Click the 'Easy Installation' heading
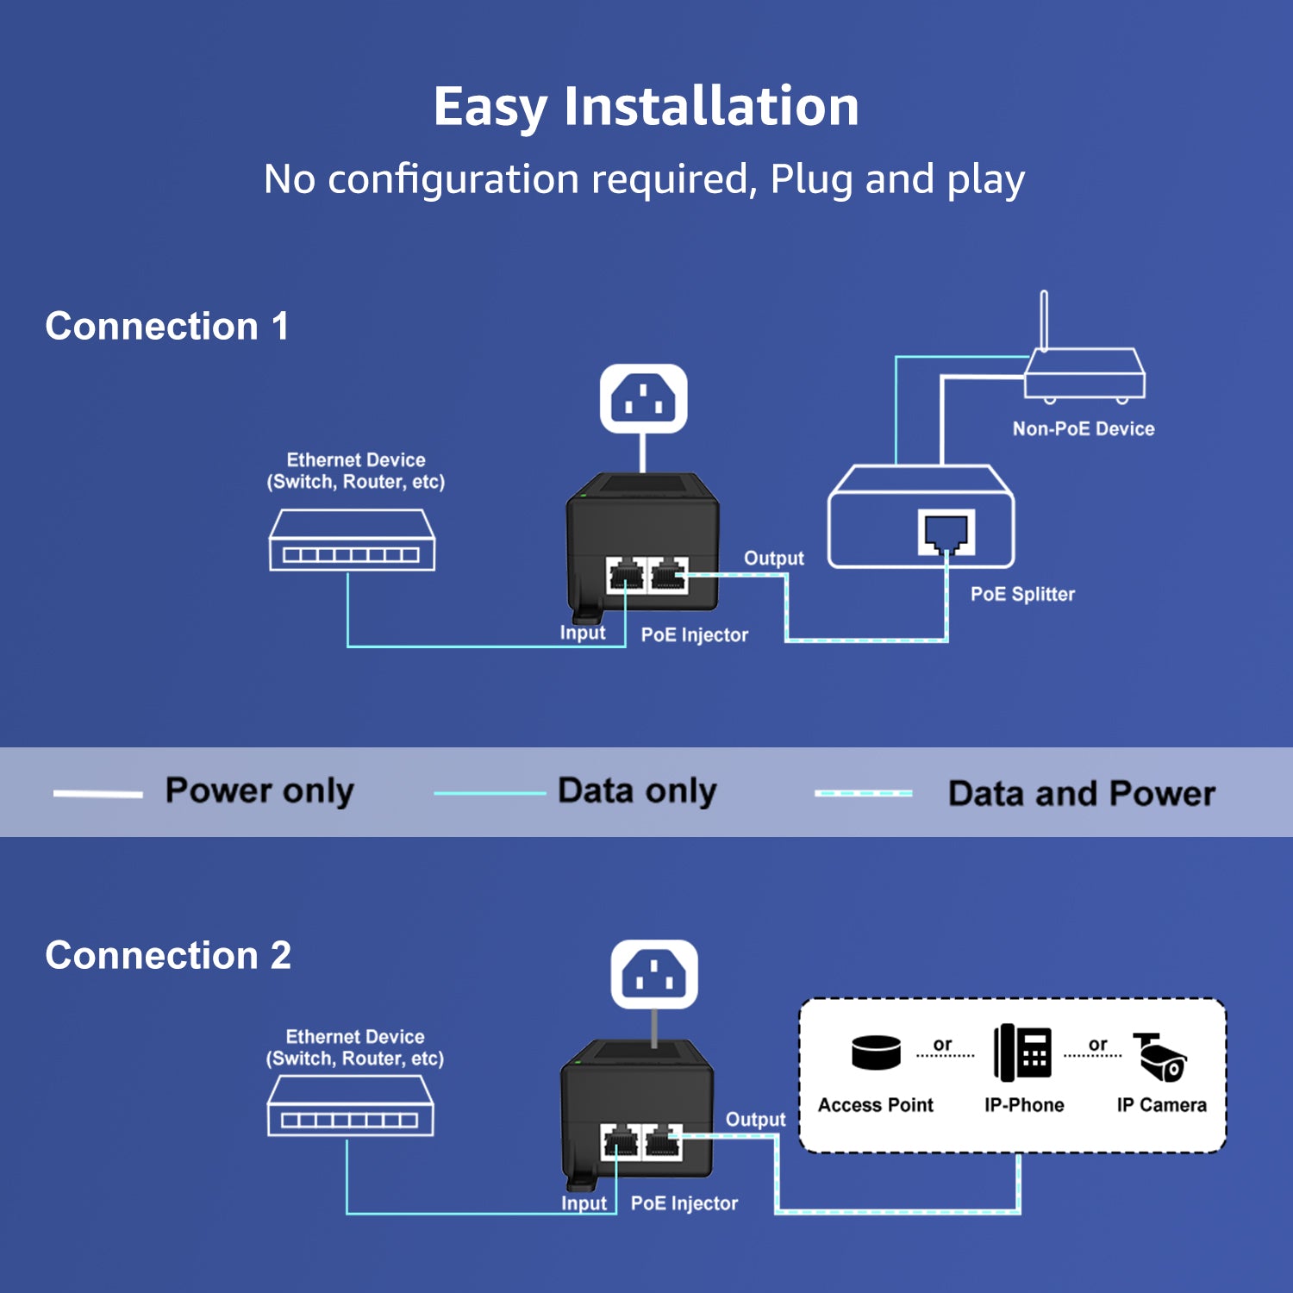pyautogui.click(x=646, y=107)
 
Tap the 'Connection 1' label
pyautogui.click(x=166, y=327)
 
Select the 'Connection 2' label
pyautogui.click(x=168, y=956)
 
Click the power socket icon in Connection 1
pyautogui.click(x=643, y=398)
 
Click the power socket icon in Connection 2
pyautogui.click(x=654, y=974)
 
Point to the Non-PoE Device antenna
pyautogui.click(x=1044, y=319)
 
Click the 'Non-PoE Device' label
pyautogui.click(x=1084, y=429)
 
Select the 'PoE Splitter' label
pyautogui.click(x=1022, y=594)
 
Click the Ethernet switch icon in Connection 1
pyautogui.click(x=352, y=540)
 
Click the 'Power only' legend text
pyautogui.click(x=259, y=791)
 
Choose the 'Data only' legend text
pyautogui.click(x=637, y=791)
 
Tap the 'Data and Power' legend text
pyautogui.click(x=1081, y=794)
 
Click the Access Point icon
pyautogui.click(x=876, y=1053)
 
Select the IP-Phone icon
pyautogui.click(x=1023, y=1053)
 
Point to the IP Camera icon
pyautogui.click(x=1160, y=1057)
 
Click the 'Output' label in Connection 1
pyautogui.click(x=773, y=559)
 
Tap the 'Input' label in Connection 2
pyautogui.click(x=584, y=1203)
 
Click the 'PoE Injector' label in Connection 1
pyautogui.click(x=694, y=635)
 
